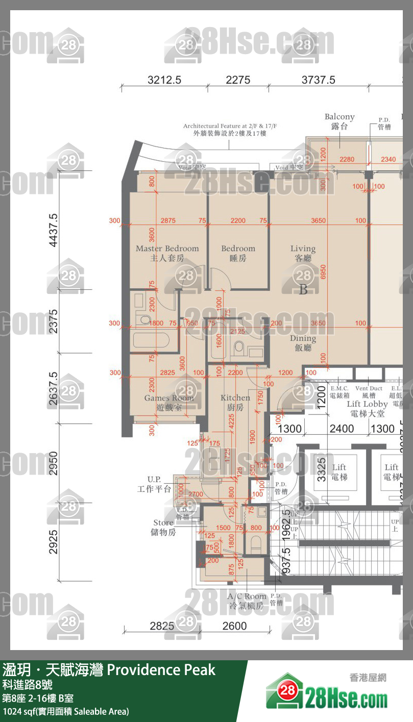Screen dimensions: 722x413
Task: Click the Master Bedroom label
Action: point(167,254)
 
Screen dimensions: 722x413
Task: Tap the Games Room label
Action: point(168,403)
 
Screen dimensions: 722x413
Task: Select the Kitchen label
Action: point(235,402)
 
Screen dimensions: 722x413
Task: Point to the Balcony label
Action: point(339,121)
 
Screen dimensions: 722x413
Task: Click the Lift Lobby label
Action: point(367,409)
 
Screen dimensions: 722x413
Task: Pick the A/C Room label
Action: point(247,601)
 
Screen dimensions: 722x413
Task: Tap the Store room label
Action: point(164,528)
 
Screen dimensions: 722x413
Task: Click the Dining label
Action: point(303,343)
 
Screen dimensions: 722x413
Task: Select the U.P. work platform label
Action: point(154,484)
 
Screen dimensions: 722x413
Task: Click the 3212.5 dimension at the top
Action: point(164,80)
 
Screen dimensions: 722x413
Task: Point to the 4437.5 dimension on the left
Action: point(53,231)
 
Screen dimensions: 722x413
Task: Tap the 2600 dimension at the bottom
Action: point(235,626)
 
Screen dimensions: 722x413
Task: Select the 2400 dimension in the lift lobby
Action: point(341,429)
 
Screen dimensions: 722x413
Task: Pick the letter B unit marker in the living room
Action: point(303,290)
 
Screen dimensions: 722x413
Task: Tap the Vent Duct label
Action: point(369,392)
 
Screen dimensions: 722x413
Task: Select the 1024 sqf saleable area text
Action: point(66,711)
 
